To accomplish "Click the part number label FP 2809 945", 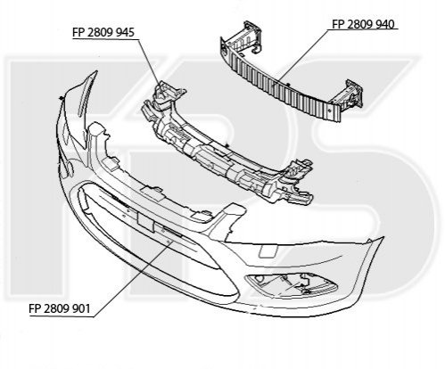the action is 103,32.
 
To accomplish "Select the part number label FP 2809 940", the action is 363,24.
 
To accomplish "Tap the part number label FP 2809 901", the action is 60,308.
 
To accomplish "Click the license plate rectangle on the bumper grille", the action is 145,221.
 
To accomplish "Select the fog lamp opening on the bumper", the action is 292,284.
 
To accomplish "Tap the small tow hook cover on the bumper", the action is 268,250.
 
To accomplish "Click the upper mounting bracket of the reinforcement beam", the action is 248,37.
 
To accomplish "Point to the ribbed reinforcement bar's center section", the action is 279,85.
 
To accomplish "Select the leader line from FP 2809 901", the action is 131,279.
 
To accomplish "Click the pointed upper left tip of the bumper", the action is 96,71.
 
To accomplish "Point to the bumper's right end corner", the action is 383,238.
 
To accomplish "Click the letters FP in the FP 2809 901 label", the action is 35,308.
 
